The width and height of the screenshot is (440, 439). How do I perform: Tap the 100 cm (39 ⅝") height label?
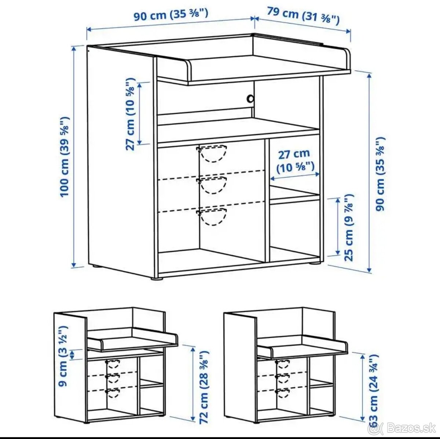[65, 157]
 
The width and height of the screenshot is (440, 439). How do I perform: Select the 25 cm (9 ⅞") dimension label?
[349, 227]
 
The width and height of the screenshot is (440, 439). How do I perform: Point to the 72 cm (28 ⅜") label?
[204, 389]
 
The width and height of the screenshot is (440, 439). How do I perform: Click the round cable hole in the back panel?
[250, 99]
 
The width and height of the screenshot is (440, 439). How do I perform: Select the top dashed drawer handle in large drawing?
[212, 154]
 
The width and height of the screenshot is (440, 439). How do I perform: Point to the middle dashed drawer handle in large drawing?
[212, 186]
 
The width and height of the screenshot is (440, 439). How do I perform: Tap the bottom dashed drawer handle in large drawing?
[212, 217]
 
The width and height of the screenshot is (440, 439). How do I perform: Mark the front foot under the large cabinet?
[157, 278]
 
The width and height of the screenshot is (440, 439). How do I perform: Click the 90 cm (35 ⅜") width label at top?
[171, 14]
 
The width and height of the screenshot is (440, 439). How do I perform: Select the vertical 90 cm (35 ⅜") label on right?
[381, 174]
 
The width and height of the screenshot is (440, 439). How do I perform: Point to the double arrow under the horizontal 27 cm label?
[295, 176]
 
